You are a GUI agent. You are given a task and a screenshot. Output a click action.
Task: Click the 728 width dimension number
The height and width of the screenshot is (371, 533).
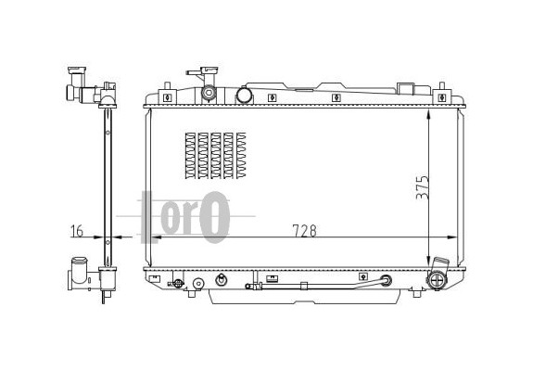pyautogui.click(x=304, y=231)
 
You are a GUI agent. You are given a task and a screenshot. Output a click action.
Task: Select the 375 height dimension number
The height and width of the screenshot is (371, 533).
pyautogui.click(x=422, y=187)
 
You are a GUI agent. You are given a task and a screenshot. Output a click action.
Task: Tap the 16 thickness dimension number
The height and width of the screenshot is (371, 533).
pyautogui.click(x=77, y=231)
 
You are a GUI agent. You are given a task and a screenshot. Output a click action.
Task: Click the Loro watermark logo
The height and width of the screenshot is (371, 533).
pyautogui.click(x=185, y=217)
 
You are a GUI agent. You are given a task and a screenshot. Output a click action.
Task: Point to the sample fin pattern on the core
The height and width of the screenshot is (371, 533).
pyautogui.click(x=215, y=156)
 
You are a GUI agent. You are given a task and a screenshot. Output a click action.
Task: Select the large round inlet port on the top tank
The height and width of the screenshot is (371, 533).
pyautogui.click(x=244, y=96)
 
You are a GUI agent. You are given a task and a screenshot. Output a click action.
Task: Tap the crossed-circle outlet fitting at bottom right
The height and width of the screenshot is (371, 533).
pyautogui.click(x=437, y=280)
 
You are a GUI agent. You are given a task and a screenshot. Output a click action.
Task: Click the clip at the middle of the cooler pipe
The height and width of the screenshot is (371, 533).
pyautogui.click(x=304, y=286)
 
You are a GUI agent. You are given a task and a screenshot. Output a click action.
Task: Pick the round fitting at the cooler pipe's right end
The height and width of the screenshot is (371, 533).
pyautogui.click(x=387, y=280)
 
